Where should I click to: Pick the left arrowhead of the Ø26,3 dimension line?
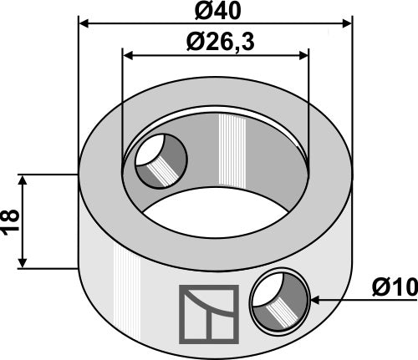129,55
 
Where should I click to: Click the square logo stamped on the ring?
208,314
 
